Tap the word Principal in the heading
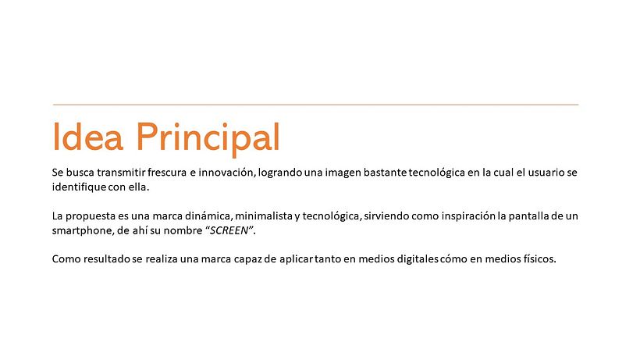click(x=208, y=138)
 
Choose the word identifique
click(x=79, y=187)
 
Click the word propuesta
click(x=91, y=216)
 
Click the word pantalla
click(x=521, y=216)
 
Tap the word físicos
click(x=535, y=259)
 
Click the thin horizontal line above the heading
click(x=315, y=104)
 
